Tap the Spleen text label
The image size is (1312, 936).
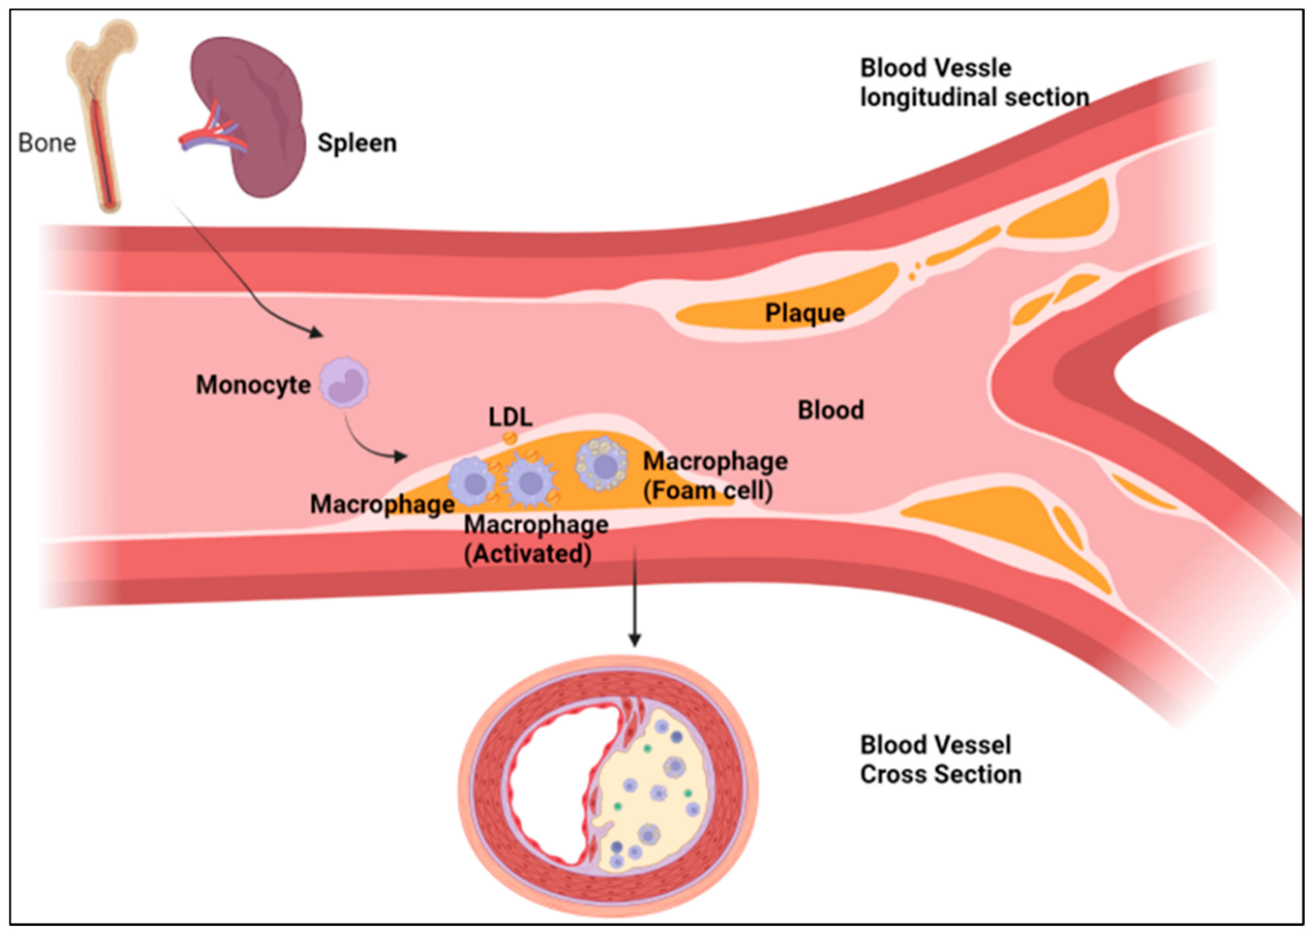pyautogui.click(x=357, y=143)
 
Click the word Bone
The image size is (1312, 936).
pyautogui.click(x=47, y=143)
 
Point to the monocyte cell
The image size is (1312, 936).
pyautogui.click(x=344, y=382)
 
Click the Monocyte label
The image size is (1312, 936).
pyautogui.click(x=253, y=384)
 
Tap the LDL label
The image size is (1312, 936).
pyautogui.click(x=510, y=417)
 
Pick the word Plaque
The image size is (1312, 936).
pyautogui.click(x=804, y=313)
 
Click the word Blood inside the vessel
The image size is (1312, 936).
pyautogui.click(x=831, y=410)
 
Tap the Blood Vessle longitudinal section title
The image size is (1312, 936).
pyautogui.click(x=974, y=83)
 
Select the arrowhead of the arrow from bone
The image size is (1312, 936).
pyautogui.click(x=316, y=332)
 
